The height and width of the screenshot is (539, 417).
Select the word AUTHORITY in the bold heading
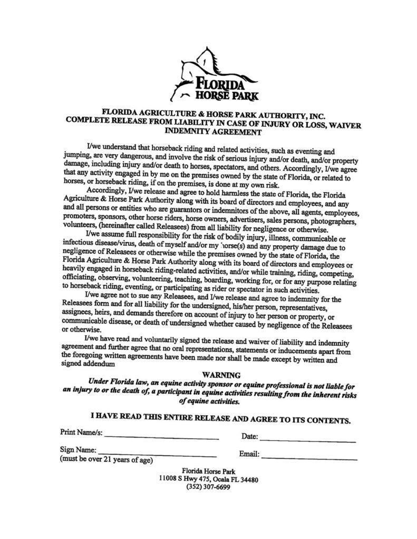288,112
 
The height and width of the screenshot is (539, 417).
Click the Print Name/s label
81,434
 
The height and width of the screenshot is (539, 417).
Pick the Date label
249,436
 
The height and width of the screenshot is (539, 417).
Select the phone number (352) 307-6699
208,487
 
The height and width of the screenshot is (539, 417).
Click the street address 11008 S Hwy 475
182,478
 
